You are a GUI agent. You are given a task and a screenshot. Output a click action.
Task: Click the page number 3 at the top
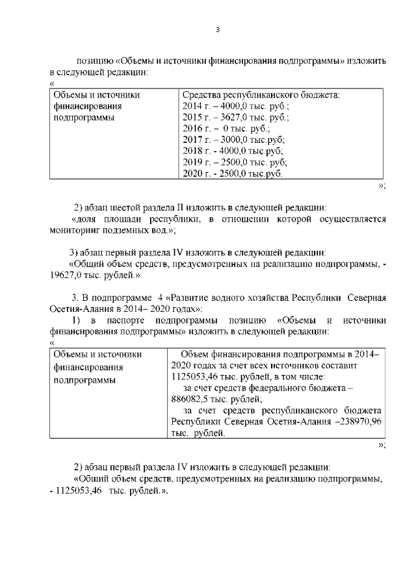pos(218,29)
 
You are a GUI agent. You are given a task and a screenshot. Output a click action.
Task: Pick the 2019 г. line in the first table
pos(235,162)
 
